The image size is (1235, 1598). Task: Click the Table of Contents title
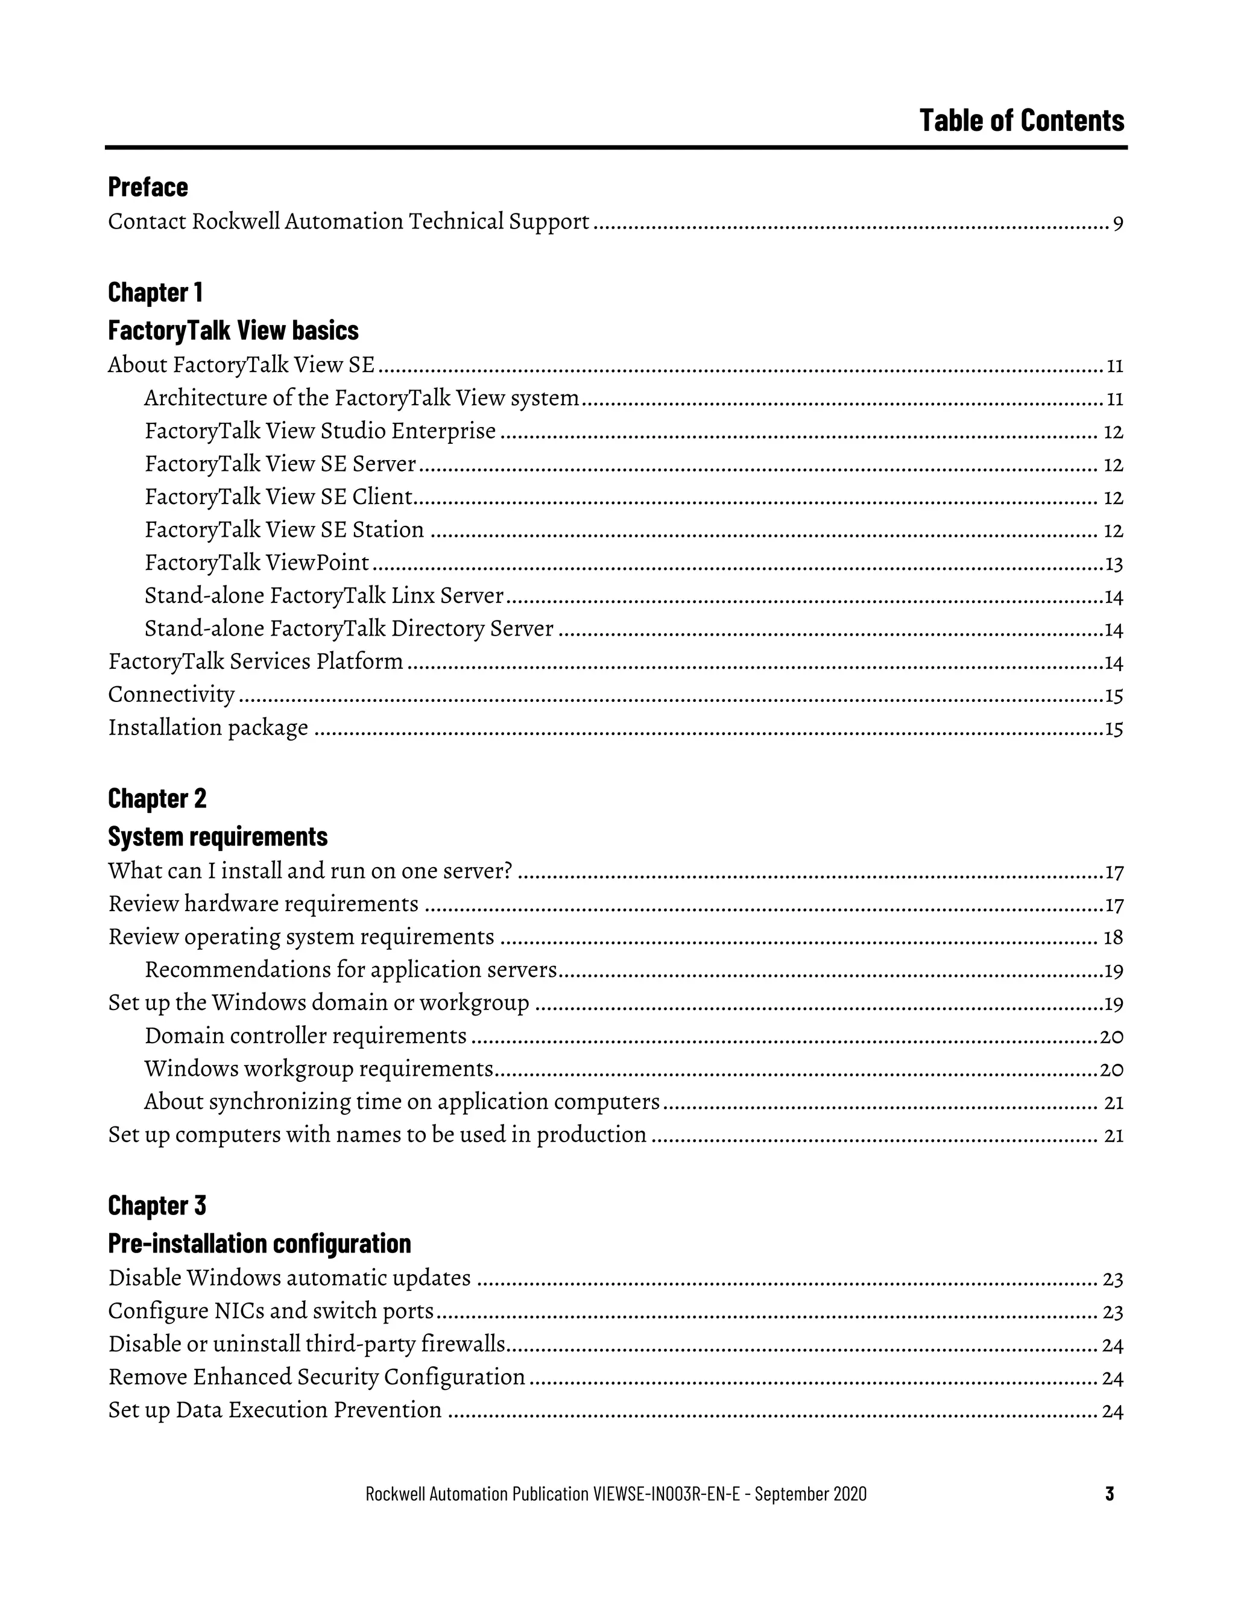coord(1022,121)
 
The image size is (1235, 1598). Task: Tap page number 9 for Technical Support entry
coord(1117,223)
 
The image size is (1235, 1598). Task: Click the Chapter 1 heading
coord(155,292)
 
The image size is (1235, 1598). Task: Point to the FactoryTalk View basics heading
coord(233,330)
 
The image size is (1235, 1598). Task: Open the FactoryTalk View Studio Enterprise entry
coord(320,431)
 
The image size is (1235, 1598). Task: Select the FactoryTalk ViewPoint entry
coord(257,563)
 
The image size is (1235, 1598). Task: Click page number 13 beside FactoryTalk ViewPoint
coord(1114,564)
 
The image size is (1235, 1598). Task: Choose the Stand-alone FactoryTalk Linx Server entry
coord(323,596)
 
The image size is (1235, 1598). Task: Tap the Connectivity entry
coord(171,694)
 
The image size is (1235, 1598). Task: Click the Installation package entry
coord(208,728)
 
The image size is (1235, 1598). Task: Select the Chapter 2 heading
coord(157,798)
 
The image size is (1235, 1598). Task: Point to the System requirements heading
coord(217,836)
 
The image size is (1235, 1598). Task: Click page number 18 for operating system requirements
coord(1113,938)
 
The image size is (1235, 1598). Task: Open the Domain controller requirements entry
coord(305,1036)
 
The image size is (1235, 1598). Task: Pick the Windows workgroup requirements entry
coord(318,1069)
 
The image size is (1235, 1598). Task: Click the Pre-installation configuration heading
coord(259,1243)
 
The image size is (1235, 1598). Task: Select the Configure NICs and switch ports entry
coord(271,1310)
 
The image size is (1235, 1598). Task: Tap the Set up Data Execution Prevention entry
coord(274,1410)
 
